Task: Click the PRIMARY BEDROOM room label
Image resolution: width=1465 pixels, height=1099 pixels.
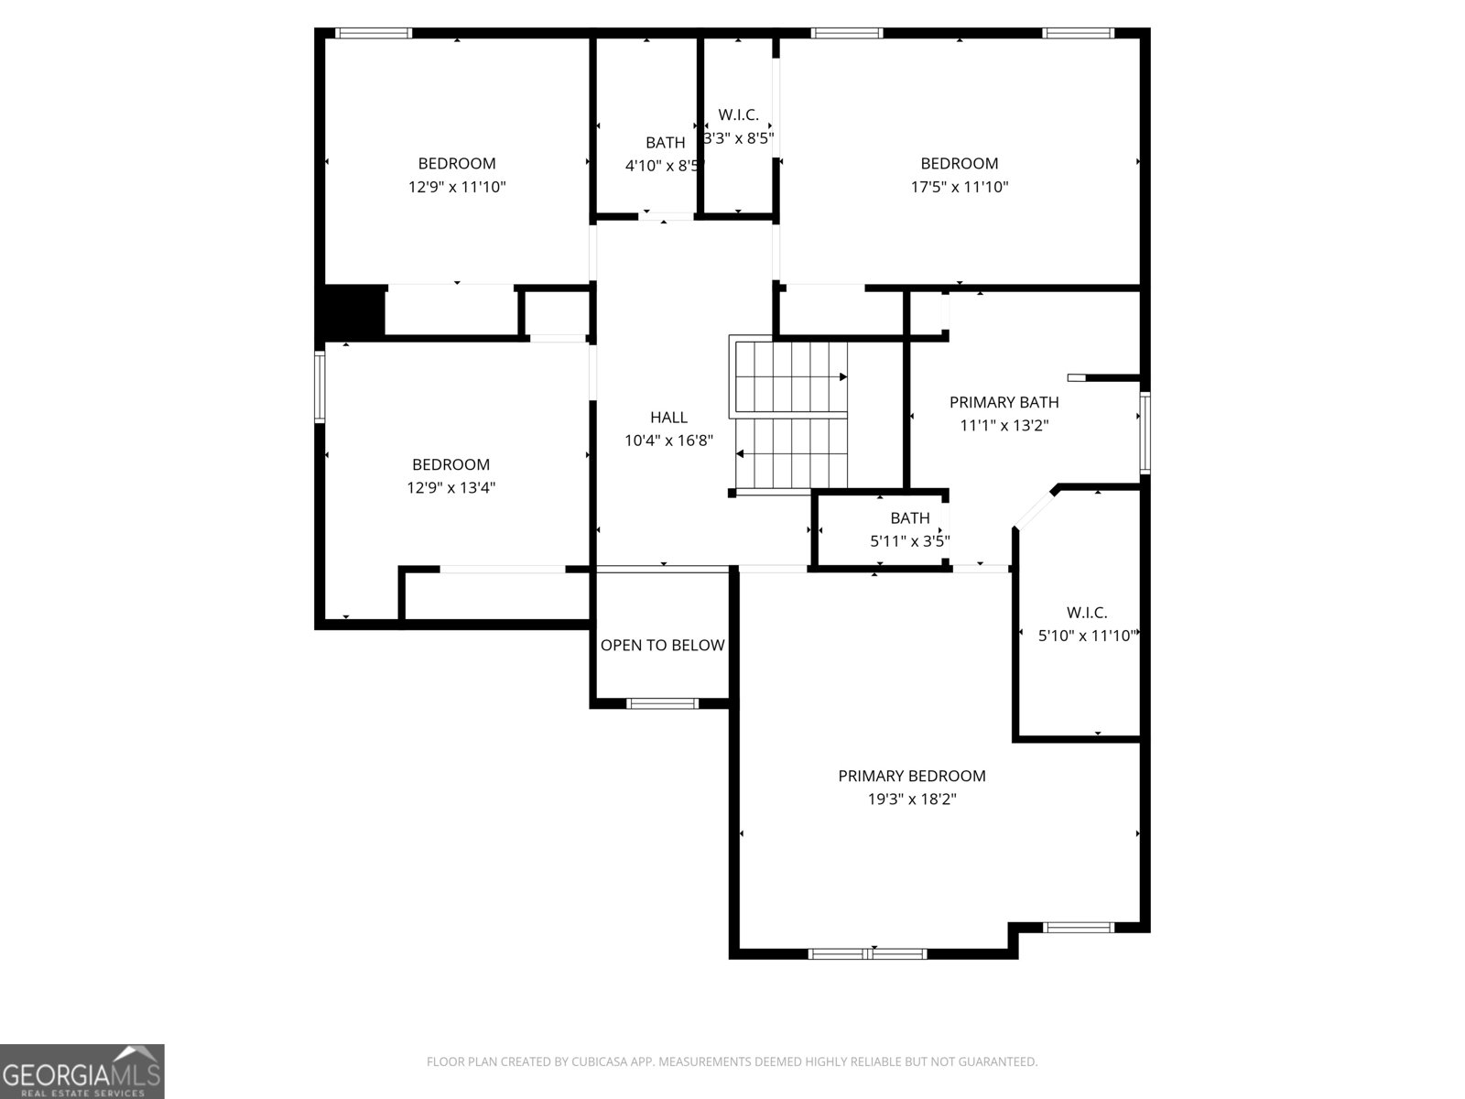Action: coord(912,776)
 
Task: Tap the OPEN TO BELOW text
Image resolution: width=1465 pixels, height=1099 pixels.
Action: coord(662,646)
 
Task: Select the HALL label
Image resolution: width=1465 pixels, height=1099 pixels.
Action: coord(668,418)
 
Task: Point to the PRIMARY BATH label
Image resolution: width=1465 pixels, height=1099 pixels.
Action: coord(1004,402)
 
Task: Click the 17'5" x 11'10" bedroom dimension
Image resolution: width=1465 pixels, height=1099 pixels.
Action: coord(959,187)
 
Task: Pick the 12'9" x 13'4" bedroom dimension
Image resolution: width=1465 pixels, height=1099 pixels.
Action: coord(451,488)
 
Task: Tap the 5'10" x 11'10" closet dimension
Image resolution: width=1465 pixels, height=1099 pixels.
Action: coord(1087,636)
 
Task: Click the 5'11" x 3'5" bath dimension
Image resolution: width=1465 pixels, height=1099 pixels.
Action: coord(910,541)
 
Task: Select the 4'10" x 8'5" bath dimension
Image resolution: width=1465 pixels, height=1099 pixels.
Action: coord(665,166)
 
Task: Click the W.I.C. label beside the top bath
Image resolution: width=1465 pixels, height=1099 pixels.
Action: coord(738,114)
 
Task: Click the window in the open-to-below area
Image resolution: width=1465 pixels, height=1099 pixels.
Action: coord(662,703)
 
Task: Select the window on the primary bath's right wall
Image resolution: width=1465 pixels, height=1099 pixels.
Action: coord(1145,433)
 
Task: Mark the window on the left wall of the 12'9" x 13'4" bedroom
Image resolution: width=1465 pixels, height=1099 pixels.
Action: coord(320,387)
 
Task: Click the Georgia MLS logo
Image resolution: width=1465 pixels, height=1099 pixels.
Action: coord(82,1072)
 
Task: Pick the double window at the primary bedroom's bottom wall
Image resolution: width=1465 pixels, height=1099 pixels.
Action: coord(868,953)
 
